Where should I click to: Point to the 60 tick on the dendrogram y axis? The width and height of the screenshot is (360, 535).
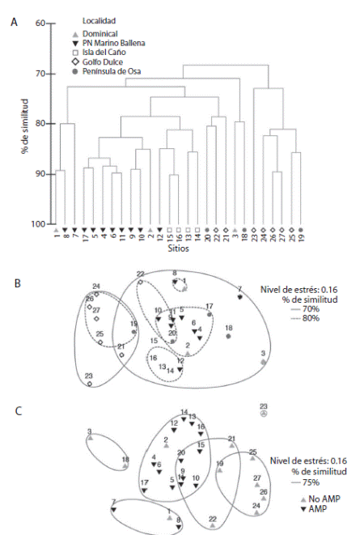39,23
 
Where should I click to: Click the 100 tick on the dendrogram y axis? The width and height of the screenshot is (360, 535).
37,224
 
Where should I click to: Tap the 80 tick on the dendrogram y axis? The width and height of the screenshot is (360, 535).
39,124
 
